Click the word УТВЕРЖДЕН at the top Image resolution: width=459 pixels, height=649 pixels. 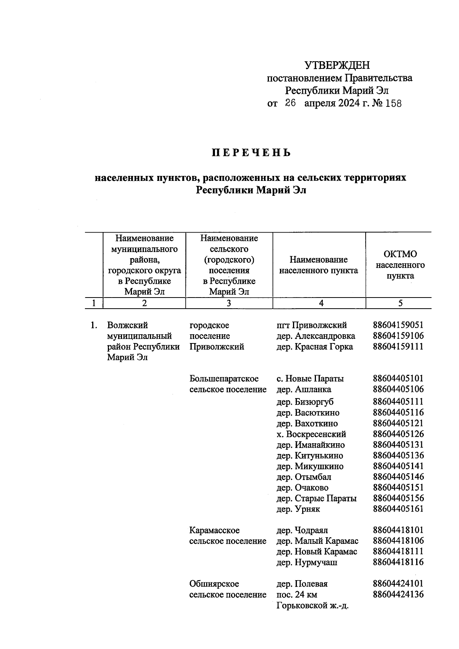[337, 65]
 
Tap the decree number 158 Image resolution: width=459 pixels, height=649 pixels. [394, 104]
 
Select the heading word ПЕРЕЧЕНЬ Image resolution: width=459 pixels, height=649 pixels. [251, 153]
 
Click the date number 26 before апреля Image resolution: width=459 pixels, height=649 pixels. [290, 103]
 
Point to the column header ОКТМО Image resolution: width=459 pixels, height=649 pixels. [400, 254]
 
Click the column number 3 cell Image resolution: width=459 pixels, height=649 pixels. [229, 303]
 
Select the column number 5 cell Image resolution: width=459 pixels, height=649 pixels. [400, 303]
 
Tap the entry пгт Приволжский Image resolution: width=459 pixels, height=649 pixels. [311, 325]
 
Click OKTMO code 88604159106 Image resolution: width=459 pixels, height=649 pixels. [398, 336]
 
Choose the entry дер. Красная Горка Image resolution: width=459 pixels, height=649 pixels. [314, 347]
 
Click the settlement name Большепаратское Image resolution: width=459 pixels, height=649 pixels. [224, 379]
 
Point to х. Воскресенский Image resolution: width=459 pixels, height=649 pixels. [311, 434]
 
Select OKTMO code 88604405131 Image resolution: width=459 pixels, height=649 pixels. [398, 445]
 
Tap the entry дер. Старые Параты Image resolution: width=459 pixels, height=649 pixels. [316, 498]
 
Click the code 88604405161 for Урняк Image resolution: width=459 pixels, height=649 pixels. [398, 509]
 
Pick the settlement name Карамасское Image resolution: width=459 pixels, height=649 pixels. [214, 530]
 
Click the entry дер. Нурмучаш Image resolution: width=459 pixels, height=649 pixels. [307, 563]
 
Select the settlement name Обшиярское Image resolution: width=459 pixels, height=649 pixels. [214, 584]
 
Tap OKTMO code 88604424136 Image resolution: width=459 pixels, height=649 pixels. [398, 595]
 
